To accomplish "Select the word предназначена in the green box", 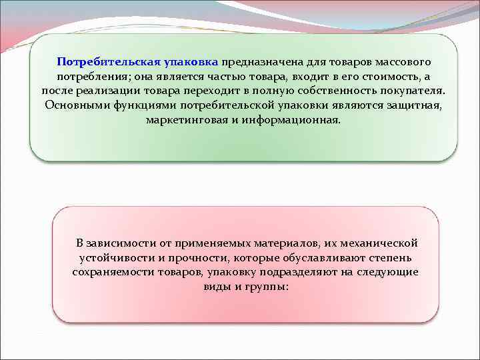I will pos(264,62).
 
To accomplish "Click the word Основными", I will pos(75,106).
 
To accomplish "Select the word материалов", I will pos(279,243).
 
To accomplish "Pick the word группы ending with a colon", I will pos(269,287).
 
